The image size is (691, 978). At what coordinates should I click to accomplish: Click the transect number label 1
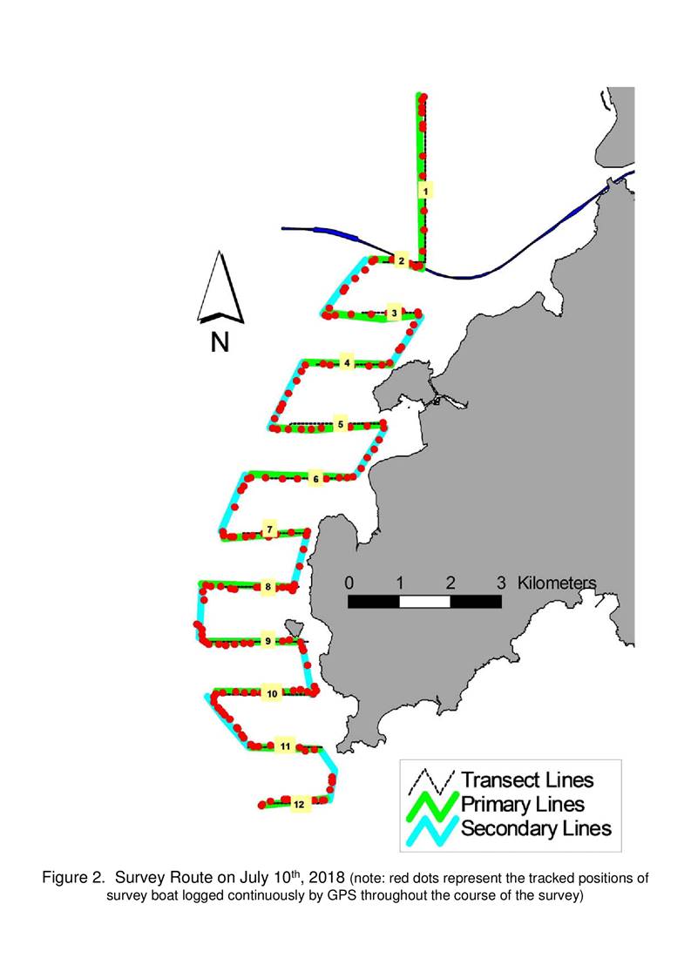click(425, 191)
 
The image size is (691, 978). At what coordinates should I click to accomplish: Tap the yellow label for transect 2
click(402, 260)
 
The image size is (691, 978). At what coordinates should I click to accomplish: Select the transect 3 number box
click(393, 313)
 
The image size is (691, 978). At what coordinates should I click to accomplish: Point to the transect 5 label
click(340, 425)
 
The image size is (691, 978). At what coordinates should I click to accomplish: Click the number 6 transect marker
click(315, 479)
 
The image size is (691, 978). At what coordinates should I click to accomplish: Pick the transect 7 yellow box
click(269, 530)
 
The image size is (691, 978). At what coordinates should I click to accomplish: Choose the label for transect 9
click(268, 641)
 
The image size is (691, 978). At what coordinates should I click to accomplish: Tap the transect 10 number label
click(272, 693)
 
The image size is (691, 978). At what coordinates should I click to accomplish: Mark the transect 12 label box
click(299, 804)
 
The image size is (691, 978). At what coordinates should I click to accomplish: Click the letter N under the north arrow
click(220, 341)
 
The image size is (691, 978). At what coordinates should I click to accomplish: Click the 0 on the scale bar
click(349, 583)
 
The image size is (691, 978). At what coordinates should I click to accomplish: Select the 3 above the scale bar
click(501, 583)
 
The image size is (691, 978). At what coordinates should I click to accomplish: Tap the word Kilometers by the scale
click(557, 583)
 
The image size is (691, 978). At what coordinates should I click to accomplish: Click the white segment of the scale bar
click(424, 601)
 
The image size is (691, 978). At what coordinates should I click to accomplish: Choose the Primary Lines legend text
click(523, 804)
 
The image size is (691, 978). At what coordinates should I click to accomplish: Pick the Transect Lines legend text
click(527, 779)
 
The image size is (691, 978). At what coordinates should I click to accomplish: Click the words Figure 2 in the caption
click(72, 878)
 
